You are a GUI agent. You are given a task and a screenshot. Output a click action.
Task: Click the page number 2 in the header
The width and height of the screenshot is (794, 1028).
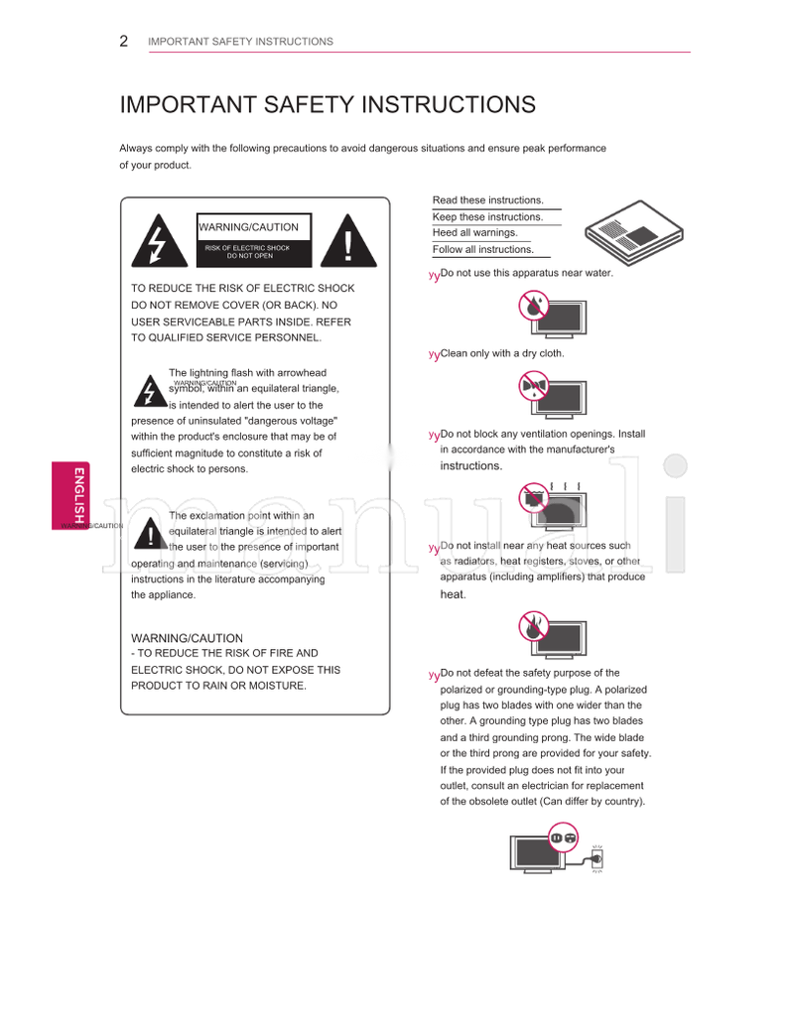point(123,42)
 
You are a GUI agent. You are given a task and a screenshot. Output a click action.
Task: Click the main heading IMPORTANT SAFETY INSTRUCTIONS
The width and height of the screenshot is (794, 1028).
point(328,105)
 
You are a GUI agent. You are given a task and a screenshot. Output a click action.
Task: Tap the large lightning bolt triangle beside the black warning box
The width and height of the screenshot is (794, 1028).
point(156,241)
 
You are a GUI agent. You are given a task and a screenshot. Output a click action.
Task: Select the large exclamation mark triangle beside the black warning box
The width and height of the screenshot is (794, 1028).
point(348,241)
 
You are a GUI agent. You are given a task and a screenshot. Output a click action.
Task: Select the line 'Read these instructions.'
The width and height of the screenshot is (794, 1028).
point(488,200)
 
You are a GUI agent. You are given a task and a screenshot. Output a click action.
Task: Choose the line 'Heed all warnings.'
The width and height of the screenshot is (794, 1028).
point(475,233)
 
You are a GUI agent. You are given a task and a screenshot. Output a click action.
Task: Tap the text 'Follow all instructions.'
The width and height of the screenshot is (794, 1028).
point(483,250)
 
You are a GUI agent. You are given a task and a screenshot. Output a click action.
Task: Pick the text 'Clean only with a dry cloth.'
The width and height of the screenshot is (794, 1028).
point(502,353)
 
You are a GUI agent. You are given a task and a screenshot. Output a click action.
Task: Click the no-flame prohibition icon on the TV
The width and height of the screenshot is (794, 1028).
point(534,626)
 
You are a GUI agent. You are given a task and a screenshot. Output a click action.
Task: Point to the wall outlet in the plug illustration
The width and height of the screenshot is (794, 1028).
point(596,859)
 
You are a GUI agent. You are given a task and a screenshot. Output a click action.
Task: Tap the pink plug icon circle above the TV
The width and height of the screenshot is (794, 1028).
point(563,838)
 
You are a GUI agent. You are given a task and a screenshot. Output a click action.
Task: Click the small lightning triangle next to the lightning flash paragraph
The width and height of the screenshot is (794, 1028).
point(150,392)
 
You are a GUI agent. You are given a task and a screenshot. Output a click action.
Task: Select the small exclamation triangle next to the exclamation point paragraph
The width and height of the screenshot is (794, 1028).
point(150,534)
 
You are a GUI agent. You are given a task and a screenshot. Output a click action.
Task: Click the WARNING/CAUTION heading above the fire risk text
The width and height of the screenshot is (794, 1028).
point(187,638)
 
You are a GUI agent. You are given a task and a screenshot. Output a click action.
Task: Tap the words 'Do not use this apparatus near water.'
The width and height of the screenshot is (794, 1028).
point(527,273)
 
